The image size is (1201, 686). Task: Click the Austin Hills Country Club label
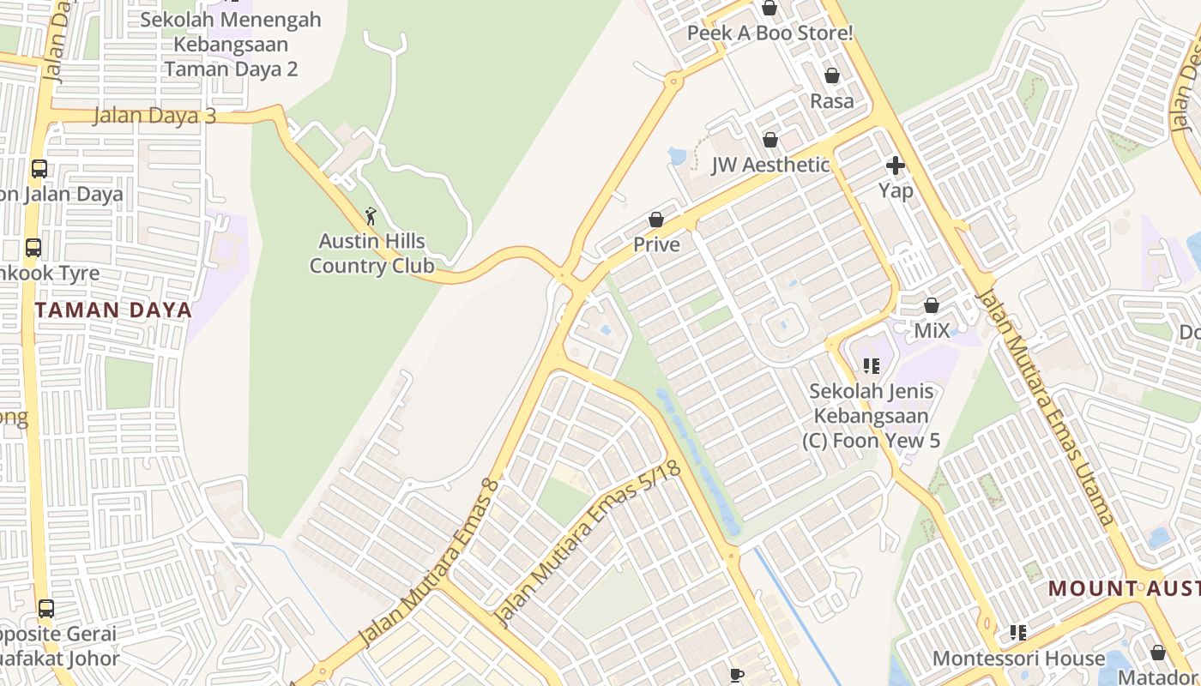[x=372, y=254]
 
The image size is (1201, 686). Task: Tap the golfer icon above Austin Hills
[x=371, y=215]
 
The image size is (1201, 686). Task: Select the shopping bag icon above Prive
[x=656, y=220]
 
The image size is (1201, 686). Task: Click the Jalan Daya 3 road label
[x=154, y=116]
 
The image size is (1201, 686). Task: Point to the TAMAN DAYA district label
[x=114, y=310]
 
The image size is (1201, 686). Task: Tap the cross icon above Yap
[x=896, y=165]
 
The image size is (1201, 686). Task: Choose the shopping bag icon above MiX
[x=932, y=304]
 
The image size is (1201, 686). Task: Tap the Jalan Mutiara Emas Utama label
[x=1047, y=407]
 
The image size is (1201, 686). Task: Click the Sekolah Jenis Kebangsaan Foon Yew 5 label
[x=872, y=416]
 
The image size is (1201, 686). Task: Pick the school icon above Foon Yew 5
[x=872, y=366]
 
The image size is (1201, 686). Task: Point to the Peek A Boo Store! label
[x=769, y=33]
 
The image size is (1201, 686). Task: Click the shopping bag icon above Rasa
[x=831, y=75]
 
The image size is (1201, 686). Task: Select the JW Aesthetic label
[x=770, y=165]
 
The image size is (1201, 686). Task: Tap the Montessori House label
[x=1018, y=659]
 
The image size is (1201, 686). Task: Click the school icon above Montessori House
[x=1018, y=633]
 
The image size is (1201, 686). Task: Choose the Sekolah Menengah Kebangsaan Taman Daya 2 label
[x=231, y=44]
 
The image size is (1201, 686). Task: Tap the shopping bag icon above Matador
[x=1158, y=653]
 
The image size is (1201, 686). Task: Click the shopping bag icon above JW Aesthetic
[x=770, y=139]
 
